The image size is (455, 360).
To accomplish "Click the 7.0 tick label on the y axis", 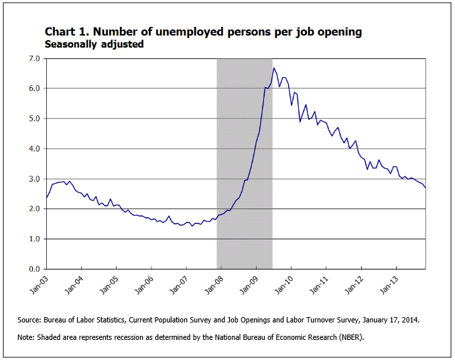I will coord(33,58).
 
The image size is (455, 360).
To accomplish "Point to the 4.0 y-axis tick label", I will coord(33,149).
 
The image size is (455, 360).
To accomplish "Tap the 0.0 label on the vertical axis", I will coord(33,269).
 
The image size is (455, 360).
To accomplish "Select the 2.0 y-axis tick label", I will coord(33,209).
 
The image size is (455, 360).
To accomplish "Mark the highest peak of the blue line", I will coord(273,68).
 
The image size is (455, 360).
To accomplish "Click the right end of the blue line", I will coord(426,188).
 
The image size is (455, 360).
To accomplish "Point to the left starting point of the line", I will coord(46,198).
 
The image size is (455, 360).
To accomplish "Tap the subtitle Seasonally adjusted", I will coord(94,44).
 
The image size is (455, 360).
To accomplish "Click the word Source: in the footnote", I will coord(31,320).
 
